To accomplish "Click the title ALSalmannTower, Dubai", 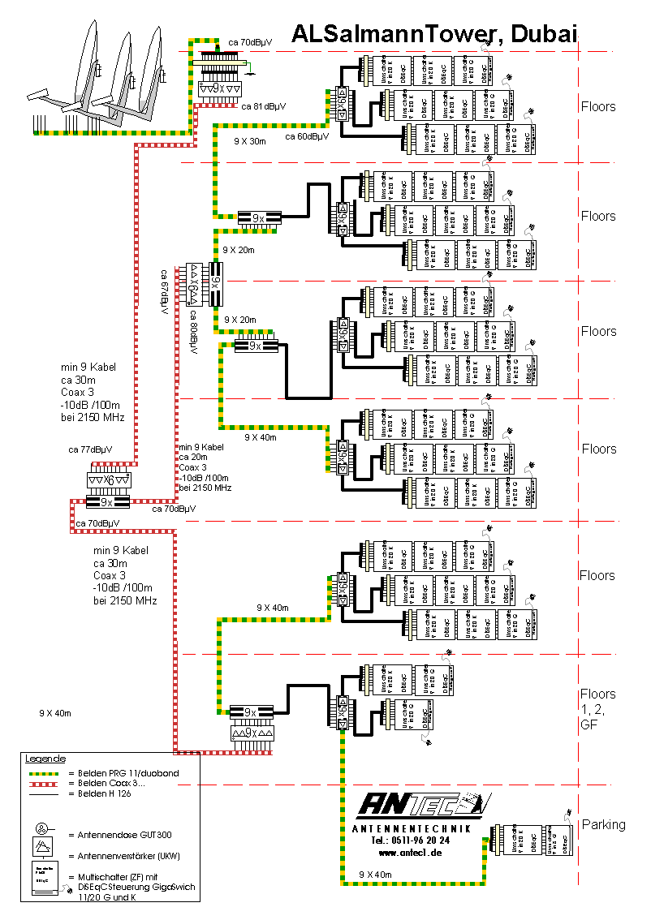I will (433, 33).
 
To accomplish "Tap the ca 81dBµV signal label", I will (263, 106).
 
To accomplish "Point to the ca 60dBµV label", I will (307, 136).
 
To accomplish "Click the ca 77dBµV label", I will (90, 449).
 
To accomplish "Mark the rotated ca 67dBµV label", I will (164, 292).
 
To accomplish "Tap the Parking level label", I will (603, 824).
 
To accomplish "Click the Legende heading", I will (45, 759).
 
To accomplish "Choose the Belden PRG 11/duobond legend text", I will (123, 773).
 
